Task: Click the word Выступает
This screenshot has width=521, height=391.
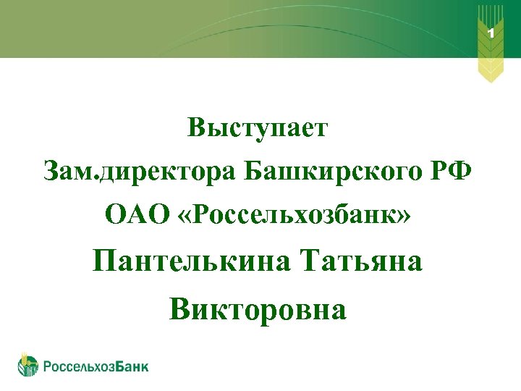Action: click(x=258, y=129)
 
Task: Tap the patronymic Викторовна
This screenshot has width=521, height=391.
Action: click(x=258, y=309)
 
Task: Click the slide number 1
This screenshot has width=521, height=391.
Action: click(x=491, y=33)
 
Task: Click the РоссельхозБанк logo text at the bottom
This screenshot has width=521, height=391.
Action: click(x=96, y=366)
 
